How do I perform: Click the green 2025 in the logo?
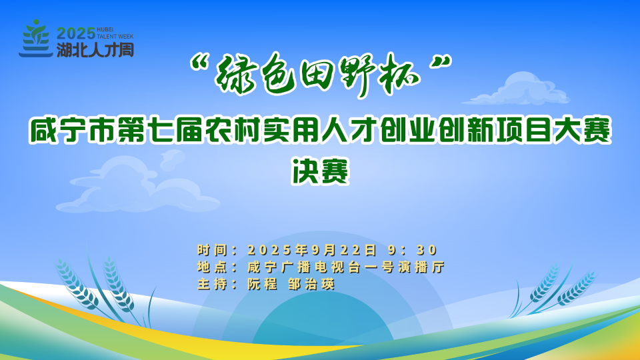76,33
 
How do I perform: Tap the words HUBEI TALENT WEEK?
115,33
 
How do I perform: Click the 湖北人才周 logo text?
95,50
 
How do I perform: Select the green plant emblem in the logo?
36,39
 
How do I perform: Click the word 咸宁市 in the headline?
72,131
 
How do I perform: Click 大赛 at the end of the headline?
583,131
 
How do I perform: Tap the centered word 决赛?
320,171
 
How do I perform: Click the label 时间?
211,250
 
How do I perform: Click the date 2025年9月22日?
312,250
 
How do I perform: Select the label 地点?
211,267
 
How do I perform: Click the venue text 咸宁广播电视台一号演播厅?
346,267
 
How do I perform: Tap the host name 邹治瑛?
311,284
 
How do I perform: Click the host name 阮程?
262,284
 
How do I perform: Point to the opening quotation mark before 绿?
200,63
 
